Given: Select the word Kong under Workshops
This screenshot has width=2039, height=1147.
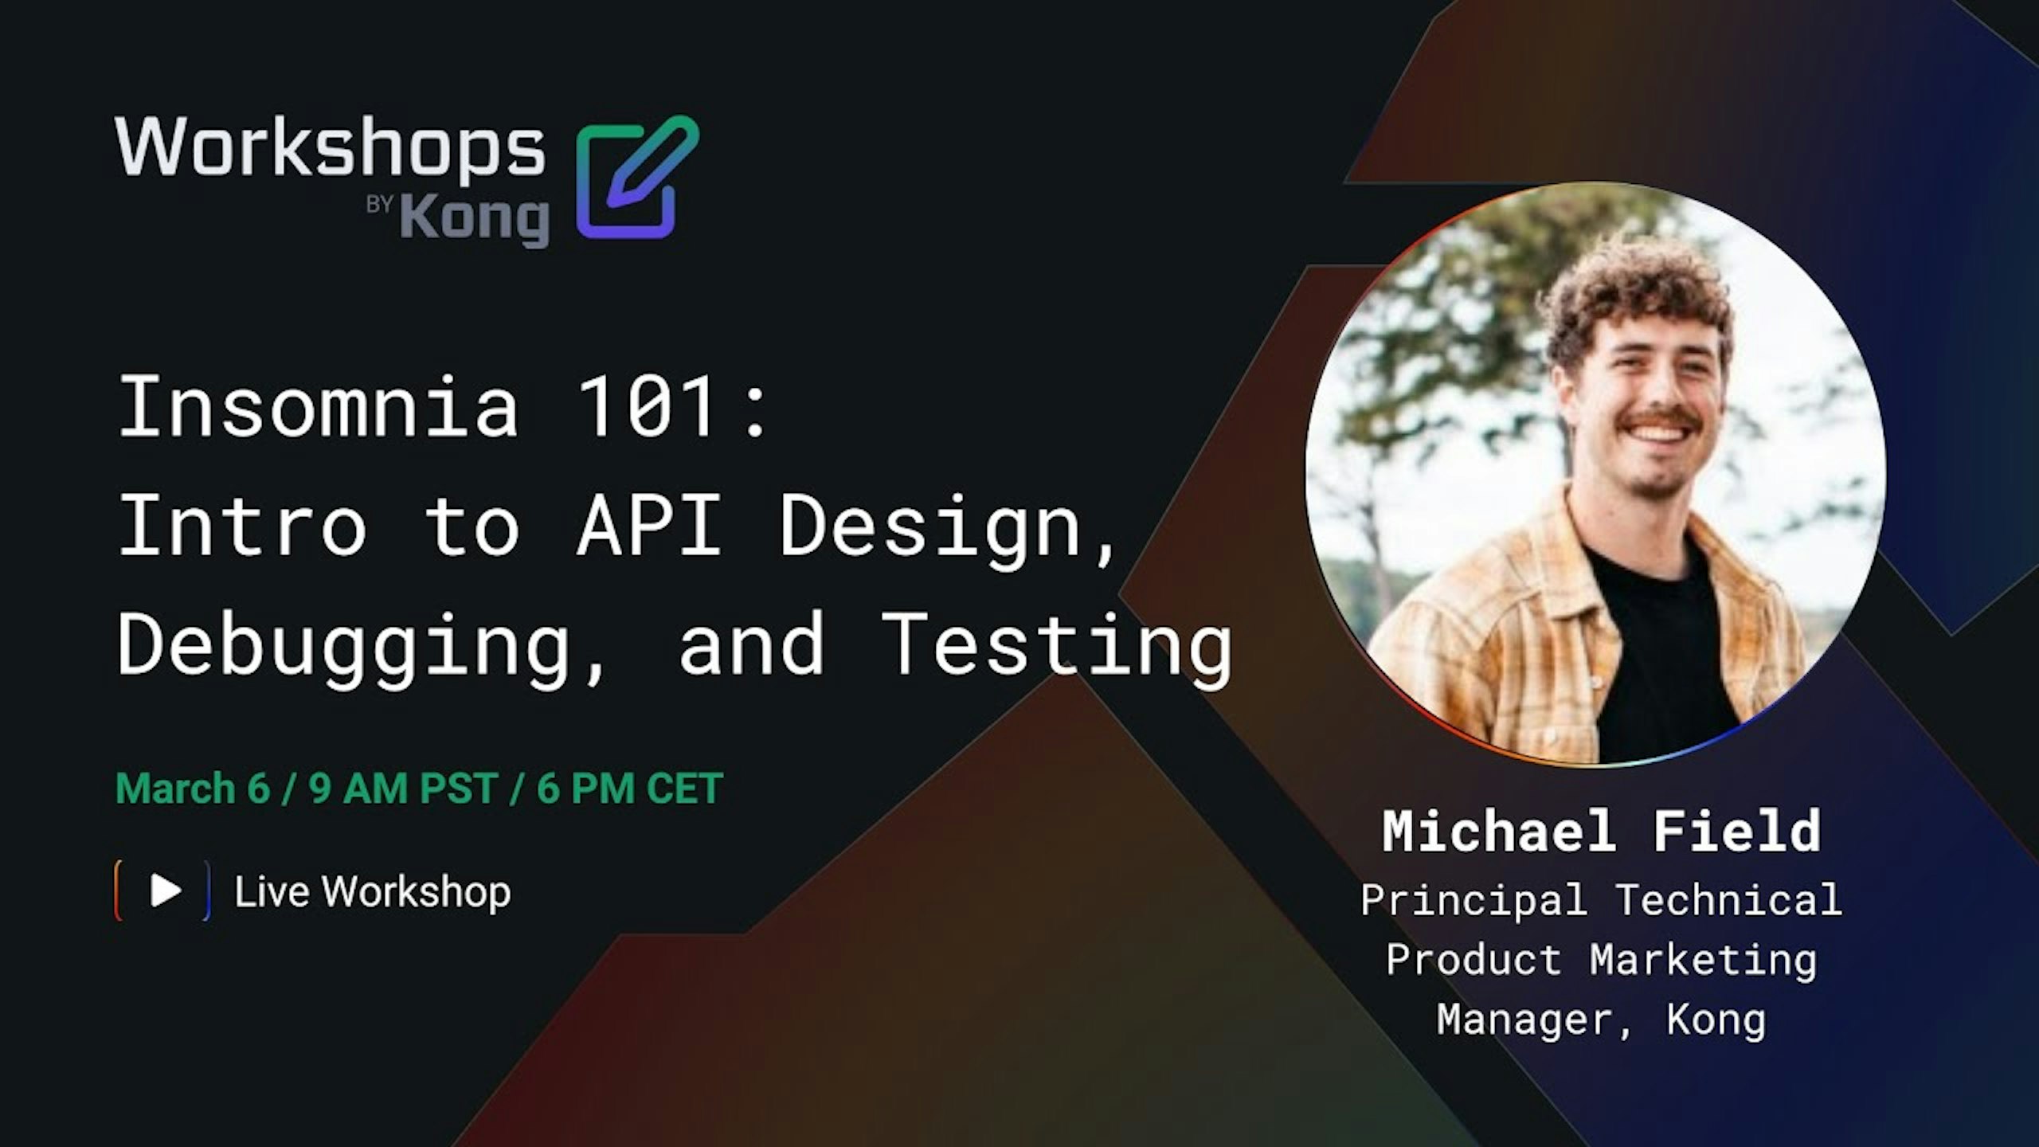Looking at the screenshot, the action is coord(475,219).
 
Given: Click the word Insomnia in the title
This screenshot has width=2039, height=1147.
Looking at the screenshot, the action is coord(319,407).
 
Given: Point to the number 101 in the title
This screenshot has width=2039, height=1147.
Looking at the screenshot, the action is coord(647,407).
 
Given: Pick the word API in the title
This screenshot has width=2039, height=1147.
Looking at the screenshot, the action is coord(649,526).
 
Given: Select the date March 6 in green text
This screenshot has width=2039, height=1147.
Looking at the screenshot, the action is coord(193,789).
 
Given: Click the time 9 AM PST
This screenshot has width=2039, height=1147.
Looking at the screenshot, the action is coord(404,789).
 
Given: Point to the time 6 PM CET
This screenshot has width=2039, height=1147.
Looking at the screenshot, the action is coord(629,789).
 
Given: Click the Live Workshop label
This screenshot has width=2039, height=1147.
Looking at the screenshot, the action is coord(372,891).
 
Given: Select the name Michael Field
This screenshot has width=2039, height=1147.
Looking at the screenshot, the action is coord(1601,832).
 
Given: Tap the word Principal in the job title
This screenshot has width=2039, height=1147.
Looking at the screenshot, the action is coord(1473,900).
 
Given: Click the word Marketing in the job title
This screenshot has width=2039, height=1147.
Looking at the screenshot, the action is coord(1704,959).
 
